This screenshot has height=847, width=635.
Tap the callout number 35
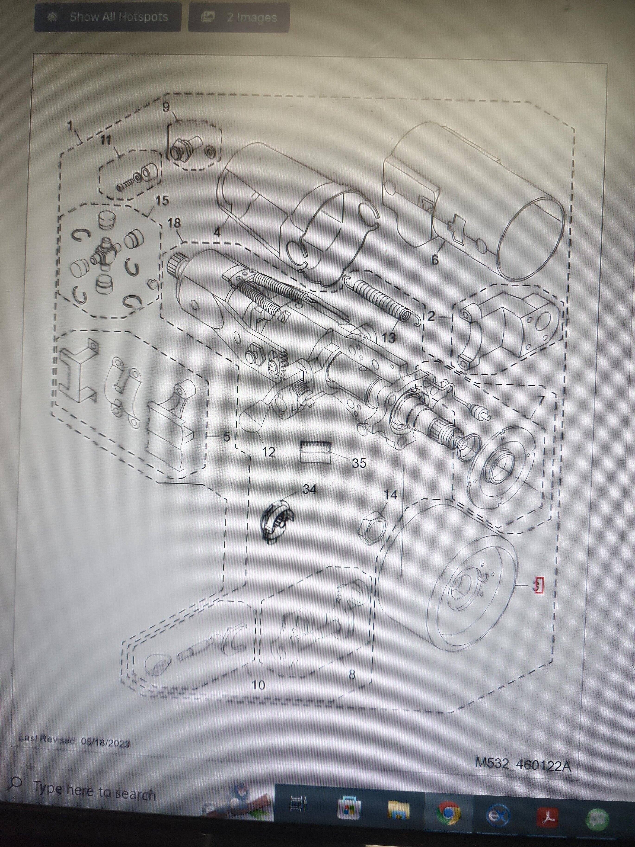click(x=359, y=463)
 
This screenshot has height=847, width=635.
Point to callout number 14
click(x=390, y=495)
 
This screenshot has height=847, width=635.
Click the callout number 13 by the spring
click(x=388, y=338)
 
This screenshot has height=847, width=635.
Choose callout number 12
click(x=269, y=452)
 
